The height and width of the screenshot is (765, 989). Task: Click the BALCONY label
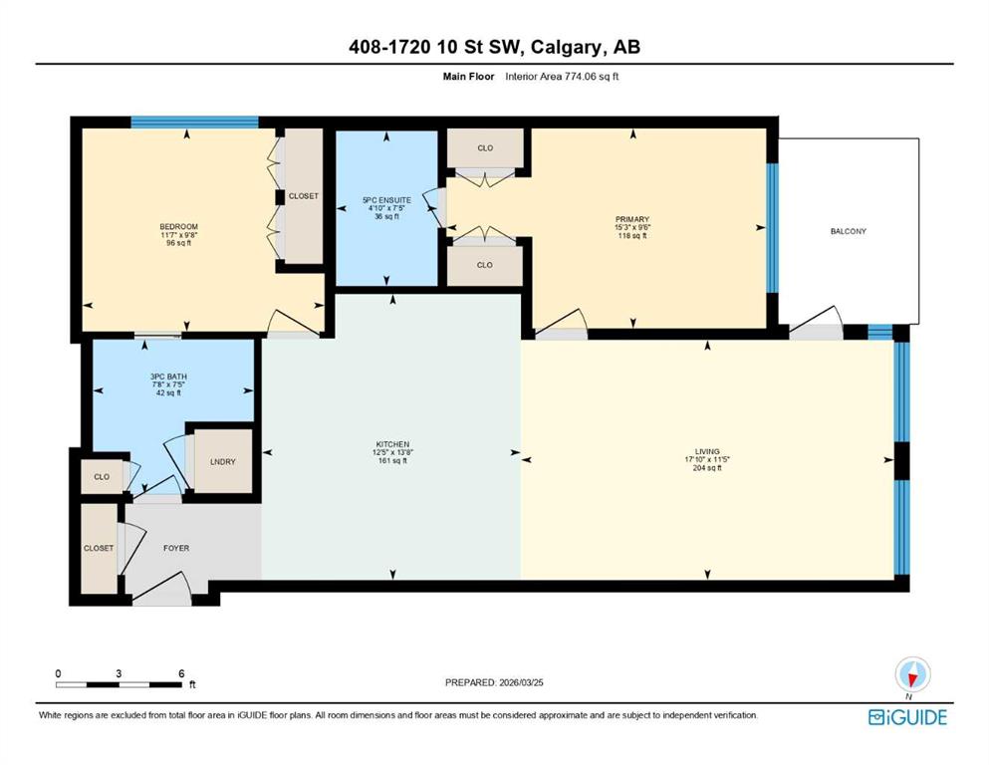[x=848, y=231]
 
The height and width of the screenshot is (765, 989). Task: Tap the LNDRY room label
[x=223, y=461]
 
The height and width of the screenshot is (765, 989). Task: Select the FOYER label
[x=176, y=548]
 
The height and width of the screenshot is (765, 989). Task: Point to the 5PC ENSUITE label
[x=386, y=200]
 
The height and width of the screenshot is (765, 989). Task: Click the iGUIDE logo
[x=907, y=717]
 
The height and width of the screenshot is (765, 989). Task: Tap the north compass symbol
[x=912, y=675]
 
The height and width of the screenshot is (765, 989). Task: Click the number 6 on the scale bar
[x=181, y=673]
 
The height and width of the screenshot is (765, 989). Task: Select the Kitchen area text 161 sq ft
[x=392, y=461]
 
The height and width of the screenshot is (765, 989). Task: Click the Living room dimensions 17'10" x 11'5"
[x=707, y=460]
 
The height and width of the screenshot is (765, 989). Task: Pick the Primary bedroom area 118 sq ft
[x=632, y=236]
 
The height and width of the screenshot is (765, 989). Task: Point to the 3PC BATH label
[x=168, y=377]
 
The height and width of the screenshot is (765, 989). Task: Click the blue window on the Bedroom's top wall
[x=194, y=123]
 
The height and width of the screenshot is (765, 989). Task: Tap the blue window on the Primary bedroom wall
[x=772, y=228]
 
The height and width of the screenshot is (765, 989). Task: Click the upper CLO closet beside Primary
[x=485, y=148]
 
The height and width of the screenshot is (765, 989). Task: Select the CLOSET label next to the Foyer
[x=99, y=548]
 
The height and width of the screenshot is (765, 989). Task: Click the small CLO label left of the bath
[x=102, y=477]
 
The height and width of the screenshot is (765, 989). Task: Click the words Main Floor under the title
[x=468, y=77]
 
